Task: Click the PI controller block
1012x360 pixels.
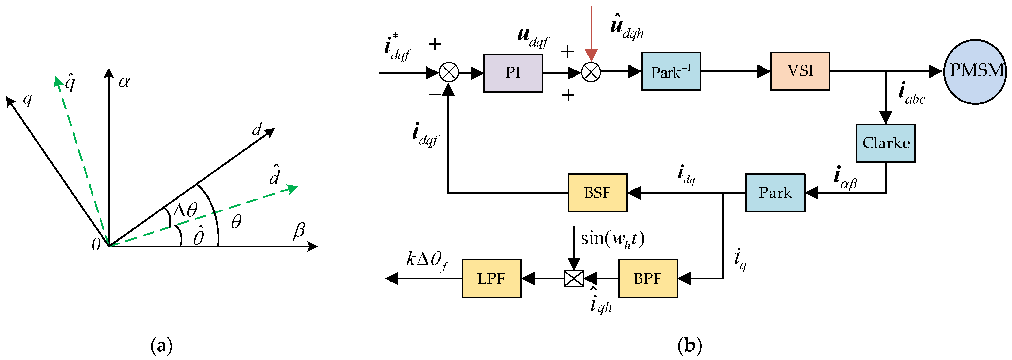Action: point(513,73)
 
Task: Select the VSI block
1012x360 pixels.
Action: point(800,71)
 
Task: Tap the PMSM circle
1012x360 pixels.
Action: point(975,71)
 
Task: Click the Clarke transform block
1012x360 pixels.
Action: point(886,143)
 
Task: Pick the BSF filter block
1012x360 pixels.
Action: point(598,193)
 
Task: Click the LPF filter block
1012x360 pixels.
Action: point(491,278)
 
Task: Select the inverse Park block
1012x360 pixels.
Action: point(671,71)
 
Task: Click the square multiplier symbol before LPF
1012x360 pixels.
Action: point(574,278)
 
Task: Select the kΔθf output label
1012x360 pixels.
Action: point(427,260)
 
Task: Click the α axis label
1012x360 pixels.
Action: point(124,82)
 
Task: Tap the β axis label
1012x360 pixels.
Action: point(299,230)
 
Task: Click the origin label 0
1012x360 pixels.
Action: point(96,245)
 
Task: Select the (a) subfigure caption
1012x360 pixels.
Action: point(162,346)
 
